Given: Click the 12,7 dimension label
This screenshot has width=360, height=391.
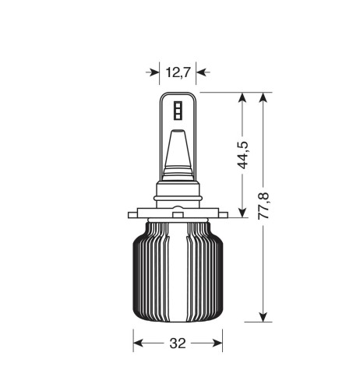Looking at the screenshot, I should point(178,72).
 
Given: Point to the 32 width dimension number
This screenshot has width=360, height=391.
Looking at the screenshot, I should point(177,342).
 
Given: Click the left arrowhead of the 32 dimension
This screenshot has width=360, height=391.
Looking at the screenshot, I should point(139,342).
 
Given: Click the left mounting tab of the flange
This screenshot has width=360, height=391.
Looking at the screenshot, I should point(134,213).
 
